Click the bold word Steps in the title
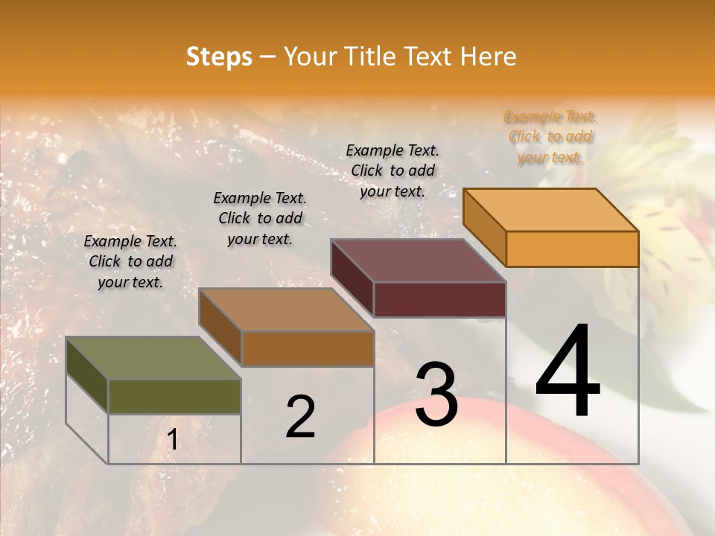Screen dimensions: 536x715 (219, 57)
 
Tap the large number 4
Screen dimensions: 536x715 (568, 372)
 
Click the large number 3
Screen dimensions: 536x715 (436, 395)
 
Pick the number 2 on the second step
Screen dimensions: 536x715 (300, 417)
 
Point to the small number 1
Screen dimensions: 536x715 (173, 440)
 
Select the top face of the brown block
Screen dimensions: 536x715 (286, 310)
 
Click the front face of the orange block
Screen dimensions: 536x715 (572, 249)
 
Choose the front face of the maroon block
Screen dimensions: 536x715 (439, 299)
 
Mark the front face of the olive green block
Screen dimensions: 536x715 (174, 396)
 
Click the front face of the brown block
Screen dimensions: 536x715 (308, 348)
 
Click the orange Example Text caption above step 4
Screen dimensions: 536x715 (550, 137)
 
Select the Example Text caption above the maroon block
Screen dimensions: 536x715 (393, 170)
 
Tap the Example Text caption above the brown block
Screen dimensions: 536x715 (260, 218)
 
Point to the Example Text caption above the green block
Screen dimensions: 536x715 (130, 261)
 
